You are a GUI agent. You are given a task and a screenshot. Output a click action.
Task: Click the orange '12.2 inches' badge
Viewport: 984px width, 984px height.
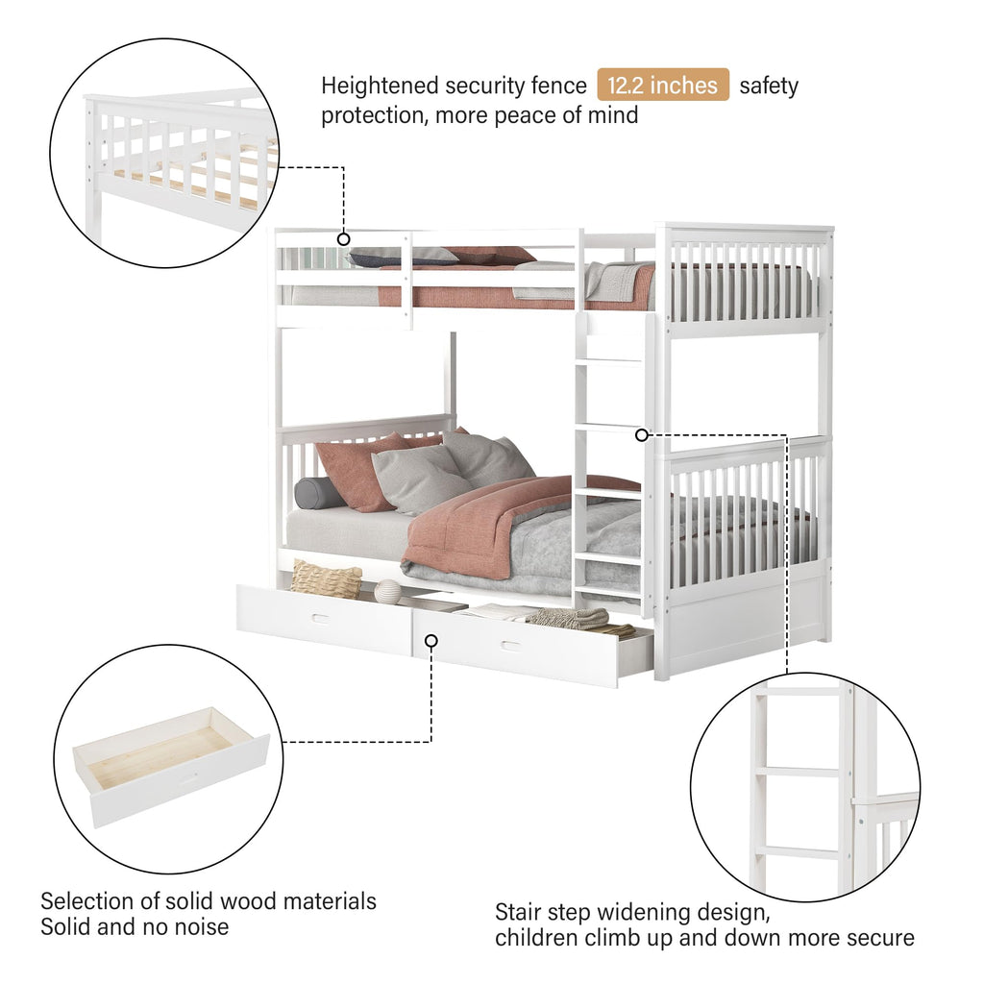click(663, 86)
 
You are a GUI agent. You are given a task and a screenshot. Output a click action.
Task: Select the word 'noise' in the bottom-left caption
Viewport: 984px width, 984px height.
click(197, 927)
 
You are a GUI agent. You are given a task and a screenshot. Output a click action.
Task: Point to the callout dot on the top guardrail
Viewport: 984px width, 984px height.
click(343, 238)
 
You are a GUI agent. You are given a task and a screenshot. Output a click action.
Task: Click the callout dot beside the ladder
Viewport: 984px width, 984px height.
click(642, 434)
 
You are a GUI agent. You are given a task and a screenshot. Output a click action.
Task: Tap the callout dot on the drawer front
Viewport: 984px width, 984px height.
click(431, 640)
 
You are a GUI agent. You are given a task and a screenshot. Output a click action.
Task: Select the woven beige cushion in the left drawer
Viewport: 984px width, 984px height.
click(326, 579)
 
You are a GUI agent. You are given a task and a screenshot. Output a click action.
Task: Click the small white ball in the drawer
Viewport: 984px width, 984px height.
click(387, 592)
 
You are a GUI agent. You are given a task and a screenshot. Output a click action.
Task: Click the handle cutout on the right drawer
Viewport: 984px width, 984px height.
click(510, 644)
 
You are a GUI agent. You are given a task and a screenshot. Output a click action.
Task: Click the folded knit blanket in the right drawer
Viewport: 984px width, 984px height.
click(569, 618)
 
